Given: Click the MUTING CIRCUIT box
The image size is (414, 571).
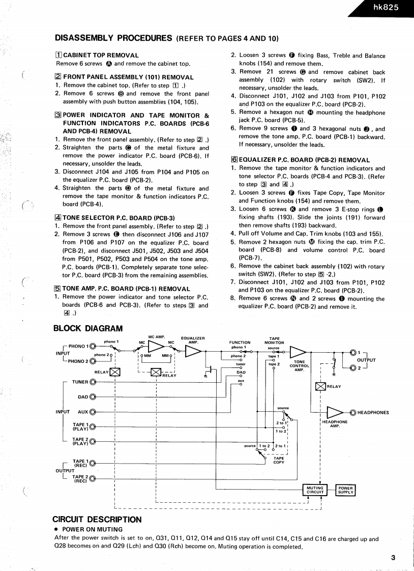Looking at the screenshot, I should click(315, 490).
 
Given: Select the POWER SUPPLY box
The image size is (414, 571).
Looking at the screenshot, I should click(345, 490).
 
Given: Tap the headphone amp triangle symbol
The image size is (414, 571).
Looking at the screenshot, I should click(335, 412).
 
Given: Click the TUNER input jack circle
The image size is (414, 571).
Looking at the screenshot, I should click(93, 382).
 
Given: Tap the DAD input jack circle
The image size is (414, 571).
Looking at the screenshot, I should click(93, 397).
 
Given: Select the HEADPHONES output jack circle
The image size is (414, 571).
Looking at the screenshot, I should click(353, 412).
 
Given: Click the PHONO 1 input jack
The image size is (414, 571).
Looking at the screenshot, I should click(93, 346).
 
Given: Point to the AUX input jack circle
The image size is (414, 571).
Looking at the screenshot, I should click(93, 412).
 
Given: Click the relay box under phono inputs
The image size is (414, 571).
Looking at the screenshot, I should click(115, 372).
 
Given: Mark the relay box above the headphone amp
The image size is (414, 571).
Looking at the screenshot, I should click(320, 386).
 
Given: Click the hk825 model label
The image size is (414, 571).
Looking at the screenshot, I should click(386, 8).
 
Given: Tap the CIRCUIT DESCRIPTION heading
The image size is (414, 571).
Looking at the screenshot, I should click(97, 520).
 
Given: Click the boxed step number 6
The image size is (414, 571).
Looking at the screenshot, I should click(234, 160).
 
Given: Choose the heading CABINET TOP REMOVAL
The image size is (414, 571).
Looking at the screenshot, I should click(101, 55).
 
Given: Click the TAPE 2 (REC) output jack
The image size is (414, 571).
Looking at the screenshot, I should click(93, 478).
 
